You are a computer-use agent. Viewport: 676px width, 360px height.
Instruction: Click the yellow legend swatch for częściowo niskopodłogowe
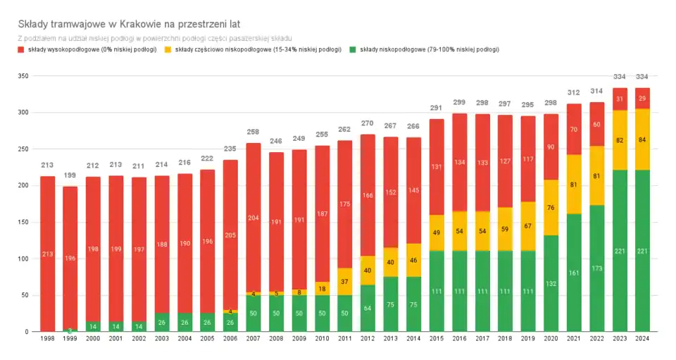(x=168, y=50)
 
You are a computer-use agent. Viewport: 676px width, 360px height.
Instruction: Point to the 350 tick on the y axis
(x=23, y=76)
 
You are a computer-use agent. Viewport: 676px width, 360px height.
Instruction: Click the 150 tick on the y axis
(x=23, y=222)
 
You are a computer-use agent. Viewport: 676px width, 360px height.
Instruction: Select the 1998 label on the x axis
(x=47, y=338)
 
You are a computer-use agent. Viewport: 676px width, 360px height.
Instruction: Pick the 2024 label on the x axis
(x=642, y=338)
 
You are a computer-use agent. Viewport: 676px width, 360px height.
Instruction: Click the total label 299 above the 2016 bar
(x=459, y=103)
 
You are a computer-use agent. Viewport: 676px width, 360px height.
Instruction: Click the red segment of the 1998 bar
(x=47, y=254)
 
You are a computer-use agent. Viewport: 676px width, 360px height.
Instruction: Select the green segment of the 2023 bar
(x=619, y=250)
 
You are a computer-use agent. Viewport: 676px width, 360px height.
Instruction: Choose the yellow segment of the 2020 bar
(x=551, y=207)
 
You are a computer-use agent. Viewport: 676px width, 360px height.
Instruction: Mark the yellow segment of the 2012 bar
(x=368, y=270)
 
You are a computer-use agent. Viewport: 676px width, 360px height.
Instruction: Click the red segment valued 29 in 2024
(x=642, y=98)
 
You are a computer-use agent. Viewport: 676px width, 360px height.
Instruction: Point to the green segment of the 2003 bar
(x=162, y=322)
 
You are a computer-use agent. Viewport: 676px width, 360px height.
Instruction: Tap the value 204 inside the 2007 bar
(x=254, y=218)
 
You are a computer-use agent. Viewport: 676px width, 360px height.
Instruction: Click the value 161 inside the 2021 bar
(x=573, y=273)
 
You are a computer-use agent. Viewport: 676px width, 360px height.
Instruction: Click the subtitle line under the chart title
(x=154, y=37)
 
